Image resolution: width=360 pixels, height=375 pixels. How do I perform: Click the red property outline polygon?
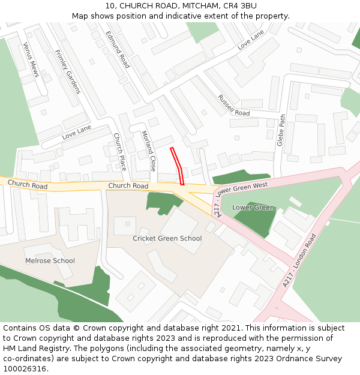(178, 166)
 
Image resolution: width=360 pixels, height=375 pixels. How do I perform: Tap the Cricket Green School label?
(167, 238)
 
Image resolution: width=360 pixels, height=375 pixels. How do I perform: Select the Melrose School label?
(50, 260)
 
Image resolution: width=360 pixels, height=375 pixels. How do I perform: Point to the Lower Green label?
(253, 208)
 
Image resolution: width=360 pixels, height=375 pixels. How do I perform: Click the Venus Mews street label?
(31, 59)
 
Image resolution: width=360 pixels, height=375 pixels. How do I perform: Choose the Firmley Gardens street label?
(67, 71)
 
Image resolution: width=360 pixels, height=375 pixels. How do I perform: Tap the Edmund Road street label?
(118, 49)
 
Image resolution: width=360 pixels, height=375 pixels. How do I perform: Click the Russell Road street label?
(233, 105)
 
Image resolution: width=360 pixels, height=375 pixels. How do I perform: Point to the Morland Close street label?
(148, 151)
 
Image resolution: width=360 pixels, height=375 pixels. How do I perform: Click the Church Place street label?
(120, 152)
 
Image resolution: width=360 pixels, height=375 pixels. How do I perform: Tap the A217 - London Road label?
(299, 260)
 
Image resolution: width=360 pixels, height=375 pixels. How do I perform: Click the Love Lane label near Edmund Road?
(250, 40)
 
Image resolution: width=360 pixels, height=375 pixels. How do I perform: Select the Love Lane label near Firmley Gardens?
(76, 132)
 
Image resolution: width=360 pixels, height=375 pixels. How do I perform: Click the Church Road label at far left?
(28, 185)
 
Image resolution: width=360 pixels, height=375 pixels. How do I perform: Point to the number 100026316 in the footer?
(24, 368)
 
